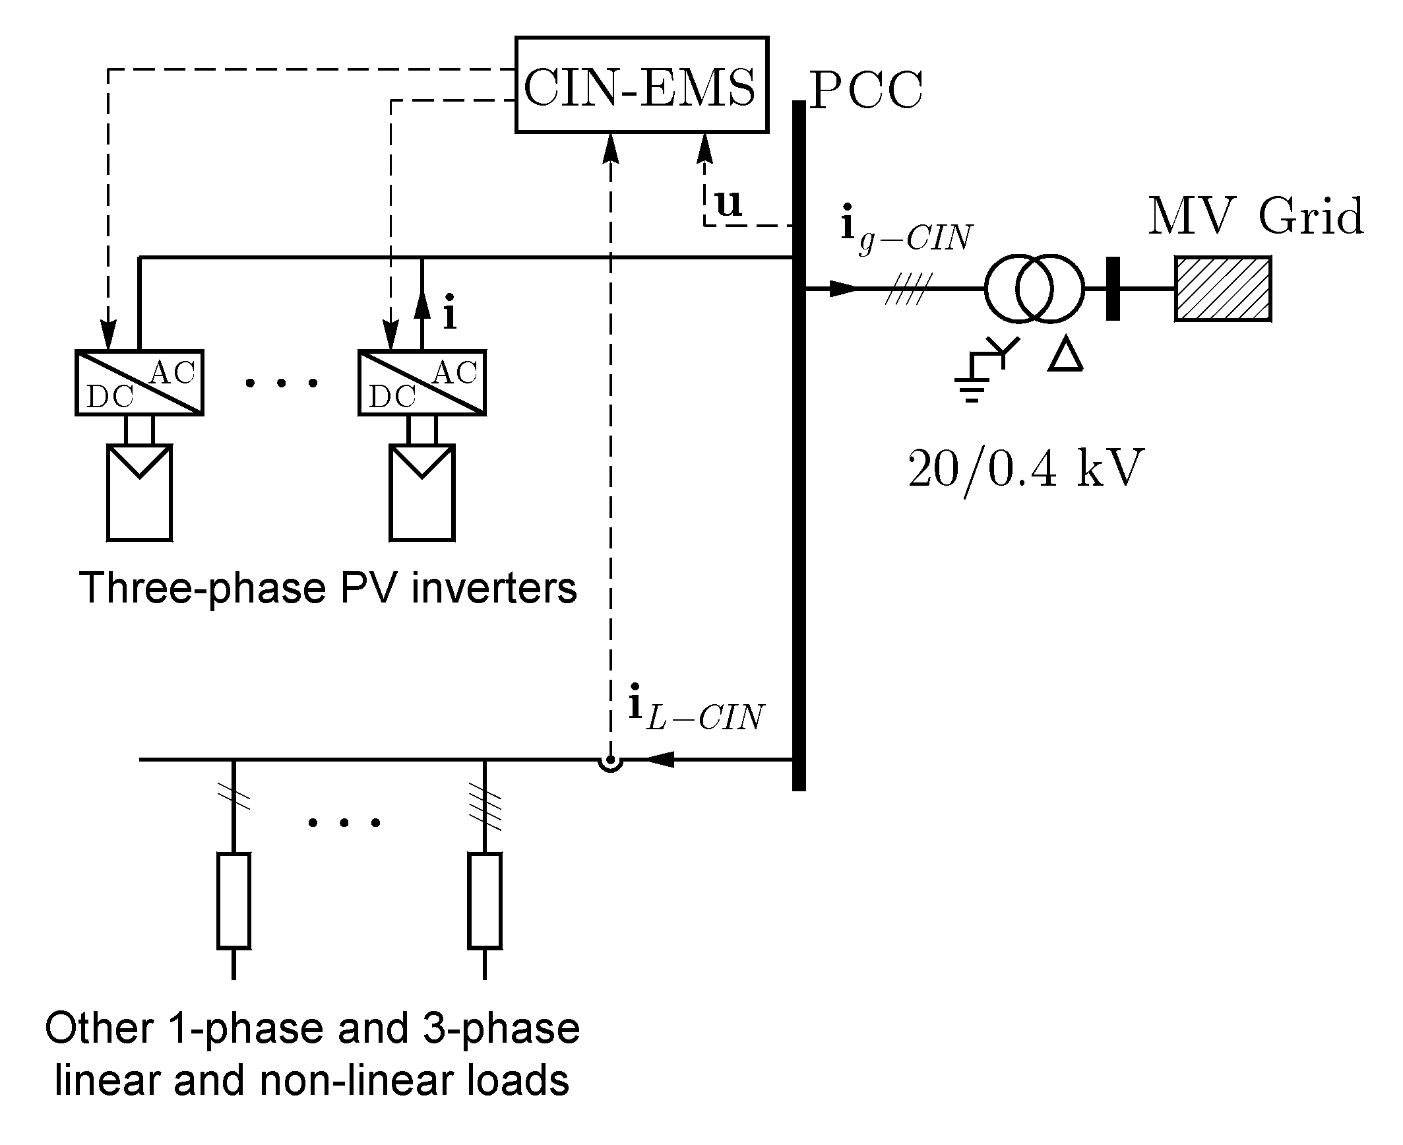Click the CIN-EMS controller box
pos(641,85)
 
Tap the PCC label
pos(865,91)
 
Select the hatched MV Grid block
pos(1222,289)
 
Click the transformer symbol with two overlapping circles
pos(1034,289)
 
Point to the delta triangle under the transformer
pos(1065,356)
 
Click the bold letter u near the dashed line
pos(728,203)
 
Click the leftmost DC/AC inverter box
pos(139,383)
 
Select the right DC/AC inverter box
pos(421,383)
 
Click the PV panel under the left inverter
pos(139,492)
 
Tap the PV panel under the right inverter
pos(421,492)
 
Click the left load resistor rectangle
pos(234,901)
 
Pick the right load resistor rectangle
pos(484,901)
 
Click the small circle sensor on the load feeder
pos(611,763)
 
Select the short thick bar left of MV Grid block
pos(1112,289)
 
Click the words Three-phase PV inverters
pos(328,587)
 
